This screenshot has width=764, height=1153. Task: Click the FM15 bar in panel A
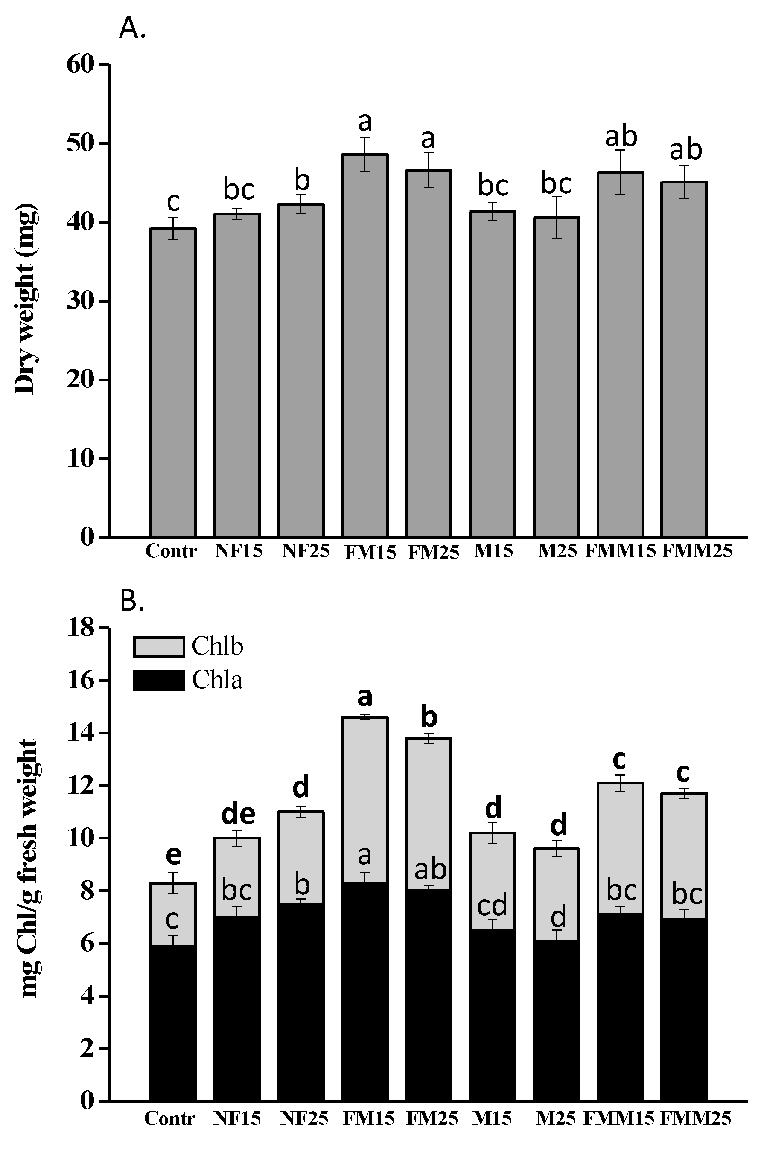365,346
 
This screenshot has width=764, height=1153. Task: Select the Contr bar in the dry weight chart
173,383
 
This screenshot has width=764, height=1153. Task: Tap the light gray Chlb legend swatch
159,647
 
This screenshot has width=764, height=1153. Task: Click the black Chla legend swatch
159,680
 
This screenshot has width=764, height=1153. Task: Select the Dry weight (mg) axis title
25,298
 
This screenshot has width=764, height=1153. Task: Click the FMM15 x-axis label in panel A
620,551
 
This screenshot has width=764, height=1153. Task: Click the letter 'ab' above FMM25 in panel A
685,150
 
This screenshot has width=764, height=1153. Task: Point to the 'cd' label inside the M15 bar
492,905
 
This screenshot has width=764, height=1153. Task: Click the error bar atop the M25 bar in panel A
556,217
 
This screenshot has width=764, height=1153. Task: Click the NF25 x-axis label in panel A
306,551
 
